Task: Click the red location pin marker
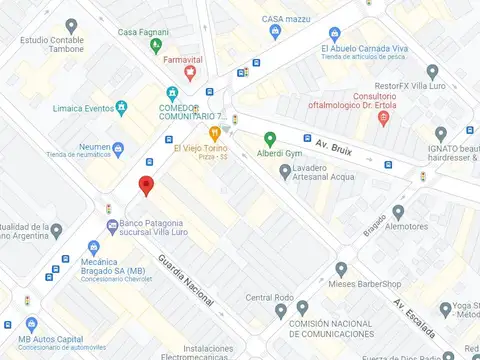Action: point(146,185)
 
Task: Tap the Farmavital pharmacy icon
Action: point(175,73)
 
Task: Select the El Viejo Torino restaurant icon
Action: point(214,132)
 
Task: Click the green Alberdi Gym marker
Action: point(269,140)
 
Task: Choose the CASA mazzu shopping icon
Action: point(275,33)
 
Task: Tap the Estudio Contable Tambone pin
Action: point(70,25)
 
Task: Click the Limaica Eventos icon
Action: point(121,106)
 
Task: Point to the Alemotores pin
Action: point(398,212)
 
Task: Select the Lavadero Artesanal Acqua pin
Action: point(284,173)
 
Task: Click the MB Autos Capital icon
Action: point(8,325)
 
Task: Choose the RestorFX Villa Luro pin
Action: point(432,72)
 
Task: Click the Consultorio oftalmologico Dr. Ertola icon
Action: point(383,119)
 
